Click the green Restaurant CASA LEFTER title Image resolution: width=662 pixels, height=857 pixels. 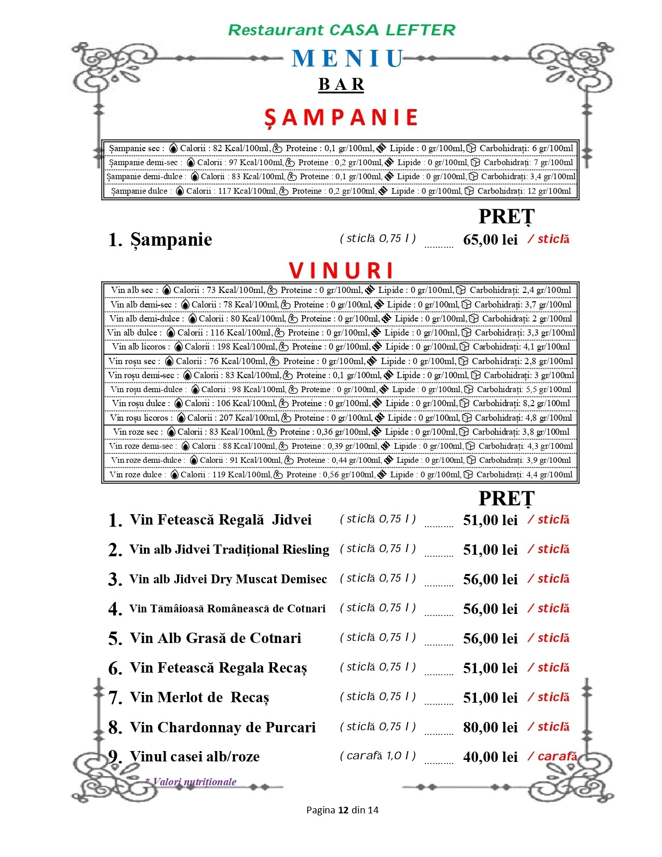point(341,30)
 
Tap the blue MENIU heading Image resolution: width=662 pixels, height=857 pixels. point(347,59)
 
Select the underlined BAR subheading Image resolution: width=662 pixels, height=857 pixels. point(341,84)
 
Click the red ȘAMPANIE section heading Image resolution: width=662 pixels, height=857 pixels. point(341,117)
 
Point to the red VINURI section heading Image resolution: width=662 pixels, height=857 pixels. point(341,270)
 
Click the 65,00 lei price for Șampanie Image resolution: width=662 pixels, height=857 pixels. point(490,239)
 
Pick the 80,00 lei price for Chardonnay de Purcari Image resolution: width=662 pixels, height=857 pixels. point(490,727)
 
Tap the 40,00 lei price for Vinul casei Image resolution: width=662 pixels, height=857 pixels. point(490,757)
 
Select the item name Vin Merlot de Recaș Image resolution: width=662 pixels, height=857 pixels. point(199,698)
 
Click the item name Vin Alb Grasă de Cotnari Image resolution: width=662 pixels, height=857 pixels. point(215,638)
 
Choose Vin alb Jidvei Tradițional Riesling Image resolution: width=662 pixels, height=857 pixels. point(229,550)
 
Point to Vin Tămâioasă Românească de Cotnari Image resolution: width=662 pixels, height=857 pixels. point(227,609)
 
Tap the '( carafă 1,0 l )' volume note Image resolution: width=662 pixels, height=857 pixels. point(377,756)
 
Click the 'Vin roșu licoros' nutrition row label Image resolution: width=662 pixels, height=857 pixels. point(139,418)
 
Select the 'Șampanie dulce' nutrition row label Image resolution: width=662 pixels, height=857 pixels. point(139,191)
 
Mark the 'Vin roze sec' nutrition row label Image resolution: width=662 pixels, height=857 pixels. point(136,432)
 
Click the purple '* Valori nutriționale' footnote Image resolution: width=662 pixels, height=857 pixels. point(191,782)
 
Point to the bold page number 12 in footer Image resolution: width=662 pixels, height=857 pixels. point(343,810)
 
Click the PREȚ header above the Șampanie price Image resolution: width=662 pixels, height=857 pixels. point(506,217)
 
